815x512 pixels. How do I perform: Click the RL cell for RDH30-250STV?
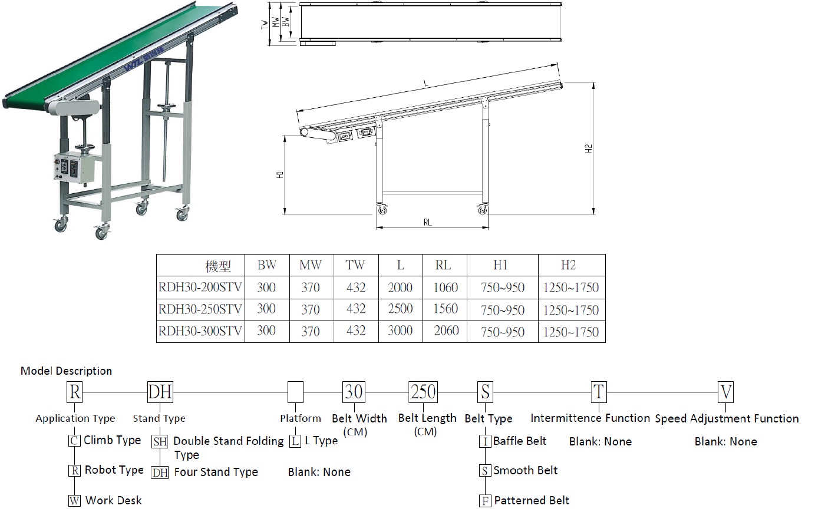(445, 309)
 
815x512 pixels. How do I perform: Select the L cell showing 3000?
(401, 331)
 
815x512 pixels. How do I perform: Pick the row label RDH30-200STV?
(200, 287)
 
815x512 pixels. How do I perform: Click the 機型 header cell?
(218, 266)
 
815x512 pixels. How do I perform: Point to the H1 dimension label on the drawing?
(280, 174)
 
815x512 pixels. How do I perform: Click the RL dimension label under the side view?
(428, 222)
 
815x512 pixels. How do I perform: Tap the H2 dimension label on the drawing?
(588, 148)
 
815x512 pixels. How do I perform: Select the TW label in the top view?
(265, 24)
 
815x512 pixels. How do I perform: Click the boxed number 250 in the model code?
(423, 392)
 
